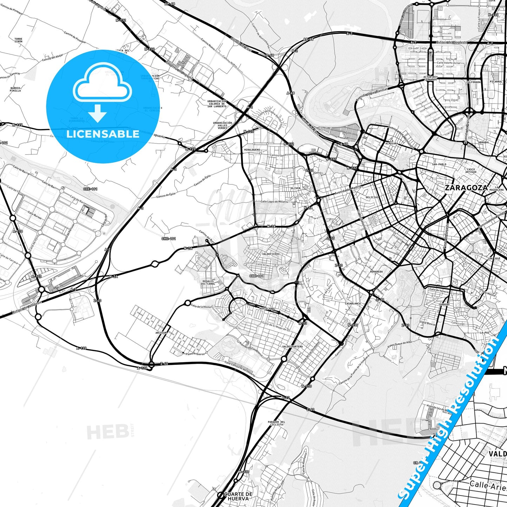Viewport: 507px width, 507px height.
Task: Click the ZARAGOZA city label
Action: pos(466,188)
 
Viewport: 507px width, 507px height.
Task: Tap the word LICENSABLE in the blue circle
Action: pos(103,134)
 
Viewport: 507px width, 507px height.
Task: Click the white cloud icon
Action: pos(102,82)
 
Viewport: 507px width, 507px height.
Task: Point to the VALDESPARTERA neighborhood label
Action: pos(292,347)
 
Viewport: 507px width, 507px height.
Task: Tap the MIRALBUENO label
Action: pos(252,149)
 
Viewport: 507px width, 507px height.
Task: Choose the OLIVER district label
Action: pos(295,188)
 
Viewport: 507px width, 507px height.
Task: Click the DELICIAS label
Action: pos(372,197)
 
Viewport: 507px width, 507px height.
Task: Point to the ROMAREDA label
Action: pos(376,272)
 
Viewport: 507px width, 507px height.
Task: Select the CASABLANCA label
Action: pos(353,303)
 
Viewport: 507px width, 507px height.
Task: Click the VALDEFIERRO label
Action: pos(271,254)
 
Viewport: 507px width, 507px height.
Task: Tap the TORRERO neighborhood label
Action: pos(444,305)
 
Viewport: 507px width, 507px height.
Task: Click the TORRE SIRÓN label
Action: pos(18,40)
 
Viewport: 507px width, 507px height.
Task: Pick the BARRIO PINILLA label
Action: pos(15,89)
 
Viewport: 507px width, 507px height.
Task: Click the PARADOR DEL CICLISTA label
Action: pos(276,423)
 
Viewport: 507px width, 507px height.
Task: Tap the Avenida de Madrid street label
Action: pos(347,191)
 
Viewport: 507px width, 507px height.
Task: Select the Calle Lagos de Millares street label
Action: pos(274,202)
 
